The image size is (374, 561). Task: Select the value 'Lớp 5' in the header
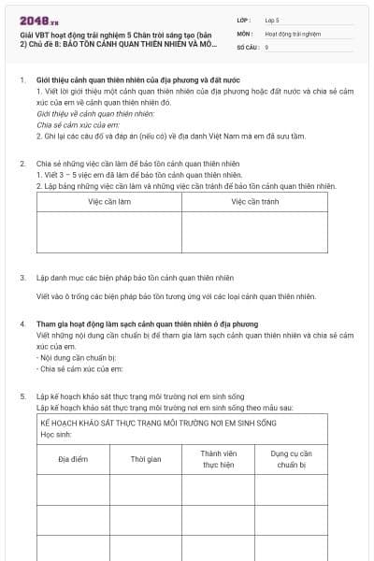pyautogui.click(x=272, y=19)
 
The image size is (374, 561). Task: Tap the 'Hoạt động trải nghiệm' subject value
pyautogui.click(x=293, y=33)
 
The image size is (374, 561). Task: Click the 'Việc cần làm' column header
pyautogui.click(x=109, y=201)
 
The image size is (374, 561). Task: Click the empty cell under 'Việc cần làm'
pyautogui.click(x=109, y=232)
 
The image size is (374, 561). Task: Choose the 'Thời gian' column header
pyautogui.click(x=146, y=459)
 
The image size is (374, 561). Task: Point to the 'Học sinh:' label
pyautogui.click(x=59, y=434)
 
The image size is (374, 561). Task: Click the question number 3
pyautogui.click(x=22, y=279)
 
